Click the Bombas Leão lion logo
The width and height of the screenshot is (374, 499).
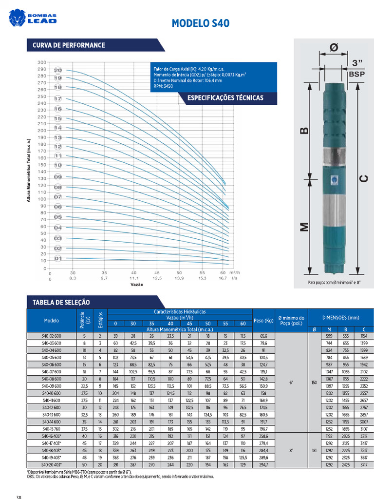point(19,18)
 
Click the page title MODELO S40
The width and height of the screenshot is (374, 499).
point(201,23)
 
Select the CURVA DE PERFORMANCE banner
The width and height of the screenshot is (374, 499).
point(69,45)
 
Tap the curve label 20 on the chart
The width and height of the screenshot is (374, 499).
point(58,70)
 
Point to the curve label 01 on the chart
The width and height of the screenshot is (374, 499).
point(58,258)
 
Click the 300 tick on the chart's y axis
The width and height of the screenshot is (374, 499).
point(41,62)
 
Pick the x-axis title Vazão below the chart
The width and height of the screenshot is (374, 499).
point(137,284)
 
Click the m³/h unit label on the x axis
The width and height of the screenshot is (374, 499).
point(235,272)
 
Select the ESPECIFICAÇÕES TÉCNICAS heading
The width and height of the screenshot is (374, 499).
point(225,98)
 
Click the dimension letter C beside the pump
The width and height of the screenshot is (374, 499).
point(363,178)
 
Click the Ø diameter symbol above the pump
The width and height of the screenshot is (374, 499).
point(334,48)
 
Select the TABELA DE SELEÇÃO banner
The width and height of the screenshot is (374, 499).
point(61,302)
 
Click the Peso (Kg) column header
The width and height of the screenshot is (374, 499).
point(263,320)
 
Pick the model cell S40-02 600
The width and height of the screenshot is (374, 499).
point(52,336)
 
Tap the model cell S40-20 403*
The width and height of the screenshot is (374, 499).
point(52,465)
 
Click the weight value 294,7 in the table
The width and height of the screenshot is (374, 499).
point(263,465)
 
